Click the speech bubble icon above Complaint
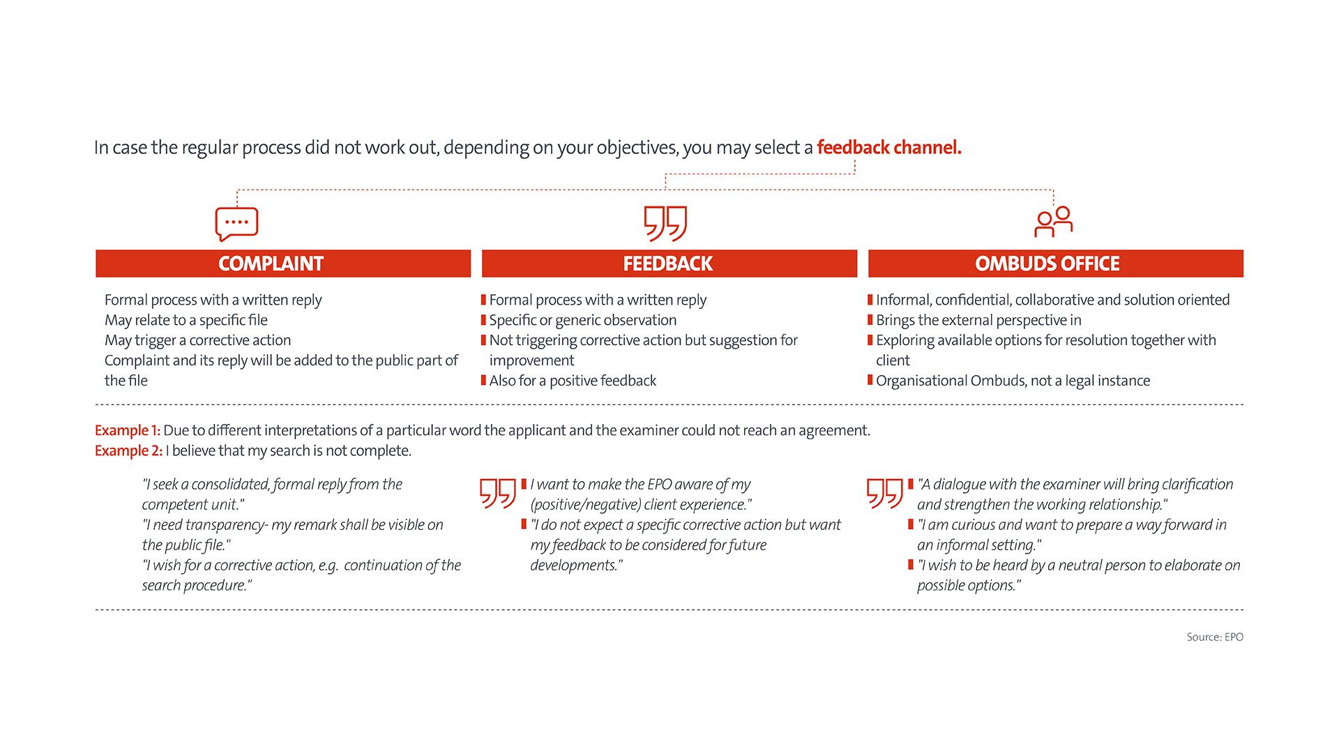(x=236, y=224)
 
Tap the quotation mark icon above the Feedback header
(x=665, y=223)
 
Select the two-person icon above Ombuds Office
(x=1053, y=222)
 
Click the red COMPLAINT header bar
(x=283, y=264)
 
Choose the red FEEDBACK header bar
(x=669, y=264)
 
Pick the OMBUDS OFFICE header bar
(x=1055, y=264)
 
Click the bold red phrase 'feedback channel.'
(x=889, y=148)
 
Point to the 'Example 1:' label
(x=128, y=430)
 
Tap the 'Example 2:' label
(x=128, y=450)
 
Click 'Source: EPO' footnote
(x=1215, y=637)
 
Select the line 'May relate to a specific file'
(x=186, y=320)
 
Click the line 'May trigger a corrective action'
(x=198, y=340)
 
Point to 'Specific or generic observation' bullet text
(x=583, y=320)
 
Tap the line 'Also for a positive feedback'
(x=573, y=381)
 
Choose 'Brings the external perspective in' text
(x=978, y=320)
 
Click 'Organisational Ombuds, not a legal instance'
(x=1013, y=381)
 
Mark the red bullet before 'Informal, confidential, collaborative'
(x=870, y=300)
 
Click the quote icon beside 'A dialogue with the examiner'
(x=884, y=493)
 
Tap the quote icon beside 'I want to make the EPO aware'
(x=498, y=493)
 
